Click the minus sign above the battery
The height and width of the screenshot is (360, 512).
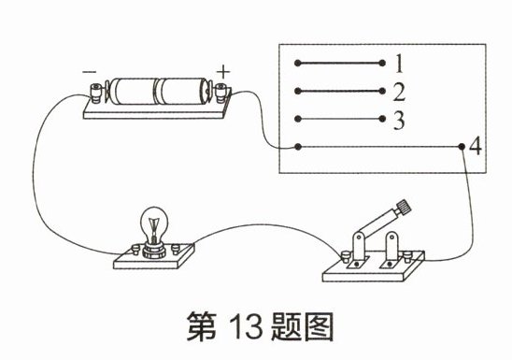(89, 72)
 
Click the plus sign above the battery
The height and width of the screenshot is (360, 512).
(223, 72)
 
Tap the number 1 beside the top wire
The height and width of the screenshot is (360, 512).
(399, 64)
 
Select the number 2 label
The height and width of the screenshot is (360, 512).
(399, 92)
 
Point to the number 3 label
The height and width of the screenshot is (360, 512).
(399, 121)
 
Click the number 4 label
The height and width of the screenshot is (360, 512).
(476, 146)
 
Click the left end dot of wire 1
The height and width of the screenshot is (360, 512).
(297, 63)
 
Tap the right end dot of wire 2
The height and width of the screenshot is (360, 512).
(382, 91)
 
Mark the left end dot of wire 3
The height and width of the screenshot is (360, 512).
(297, 119)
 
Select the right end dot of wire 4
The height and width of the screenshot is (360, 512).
(461, 147)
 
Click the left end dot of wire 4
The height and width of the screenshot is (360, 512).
(297, 147)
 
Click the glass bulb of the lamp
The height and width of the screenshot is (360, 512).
(154, 223)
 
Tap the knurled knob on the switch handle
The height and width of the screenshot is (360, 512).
(404, 206)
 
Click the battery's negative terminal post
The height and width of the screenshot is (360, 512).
(95, 93)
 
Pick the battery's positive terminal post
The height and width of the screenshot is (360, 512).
(220, 92)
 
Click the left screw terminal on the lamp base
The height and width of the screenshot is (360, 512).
(135, 250)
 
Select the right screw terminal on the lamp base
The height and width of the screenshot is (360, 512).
(176, 250)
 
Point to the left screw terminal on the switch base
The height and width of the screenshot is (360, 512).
(345, 256)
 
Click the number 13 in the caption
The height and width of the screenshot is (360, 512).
(246, 326)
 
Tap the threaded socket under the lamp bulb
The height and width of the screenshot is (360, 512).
(153, 251)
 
